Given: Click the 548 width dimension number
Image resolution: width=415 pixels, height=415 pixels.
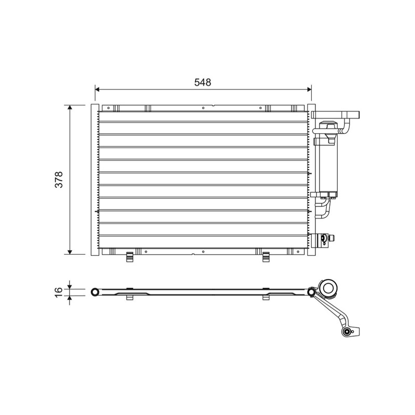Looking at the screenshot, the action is click(x=203, y=82).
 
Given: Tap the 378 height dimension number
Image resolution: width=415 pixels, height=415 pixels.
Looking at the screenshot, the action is click(x=59, y=179).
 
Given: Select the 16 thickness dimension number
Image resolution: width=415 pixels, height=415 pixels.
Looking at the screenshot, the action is click(x=59, y=292).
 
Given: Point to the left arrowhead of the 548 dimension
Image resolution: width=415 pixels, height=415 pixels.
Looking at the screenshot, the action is click(x=97, y=89).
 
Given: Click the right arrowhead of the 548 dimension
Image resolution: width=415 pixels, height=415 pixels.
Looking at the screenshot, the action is click(x=309, y=89).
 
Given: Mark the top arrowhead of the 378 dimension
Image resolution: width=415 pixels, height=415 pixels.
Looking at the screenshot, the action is click(x=70, y=107).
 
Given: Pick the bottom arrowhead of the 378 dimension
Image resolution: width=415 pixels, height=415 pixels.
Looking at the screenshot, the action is click(x=70, y=252).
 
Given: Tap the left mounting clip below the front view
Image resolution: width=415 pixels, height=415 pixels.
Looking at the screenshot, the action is click(x=129, y=257).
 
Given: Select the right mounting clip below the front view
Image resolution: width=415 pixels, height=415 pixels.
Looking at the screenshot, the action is click(x=266, y=257).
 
